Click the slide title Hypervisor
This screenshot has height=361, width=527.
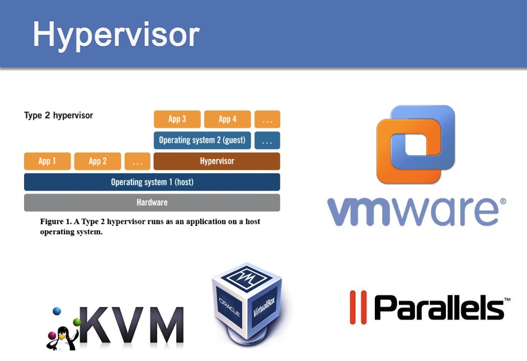click(x=116, y=35)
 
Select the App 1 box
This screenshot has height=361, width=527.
click(x=48, y=161)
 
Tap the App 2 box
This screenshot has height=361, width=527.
click(x=98, y=161)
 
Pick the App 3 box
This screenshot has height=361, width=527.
click(x=177, y=119)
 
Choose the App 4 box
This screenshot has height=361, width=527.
click(x=227, y=119)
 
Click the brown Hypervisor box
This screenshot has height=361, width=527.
click(x=217, y=161)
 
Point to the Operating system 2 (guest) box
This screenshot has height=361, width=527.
click(x=202, y=140)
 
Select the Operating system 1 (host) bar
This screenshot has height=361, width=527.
click(x=152, y=182)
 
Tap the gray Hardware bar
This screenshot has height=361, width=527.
click(x=152, y=202)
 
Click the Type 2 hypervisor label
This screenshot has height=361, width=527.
click(x=58, y=116)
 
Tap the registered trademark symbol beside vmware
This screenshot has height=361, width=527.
click(x=502, y=200)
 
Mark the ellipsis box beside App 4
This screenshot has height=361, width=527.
click(x=267, y=119)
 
